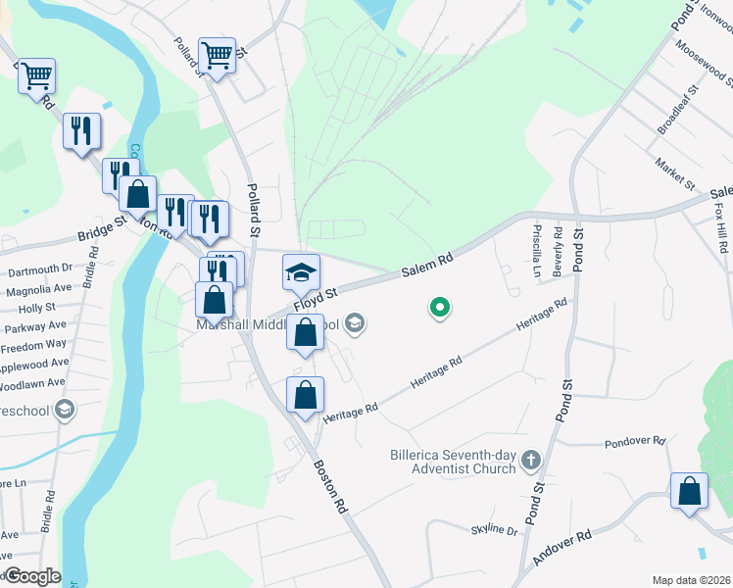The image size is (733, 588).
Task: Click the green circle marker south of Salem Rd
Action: (440, 309)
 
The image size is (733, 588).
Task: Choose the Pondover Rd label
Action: (635, 442)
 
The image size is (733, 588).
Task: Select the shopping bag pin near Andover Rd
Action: (689, 492)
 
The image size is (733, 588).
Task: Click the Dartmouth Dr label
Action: (40, 268)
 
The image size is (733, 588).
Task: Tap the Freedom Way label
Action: (33, 345)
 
